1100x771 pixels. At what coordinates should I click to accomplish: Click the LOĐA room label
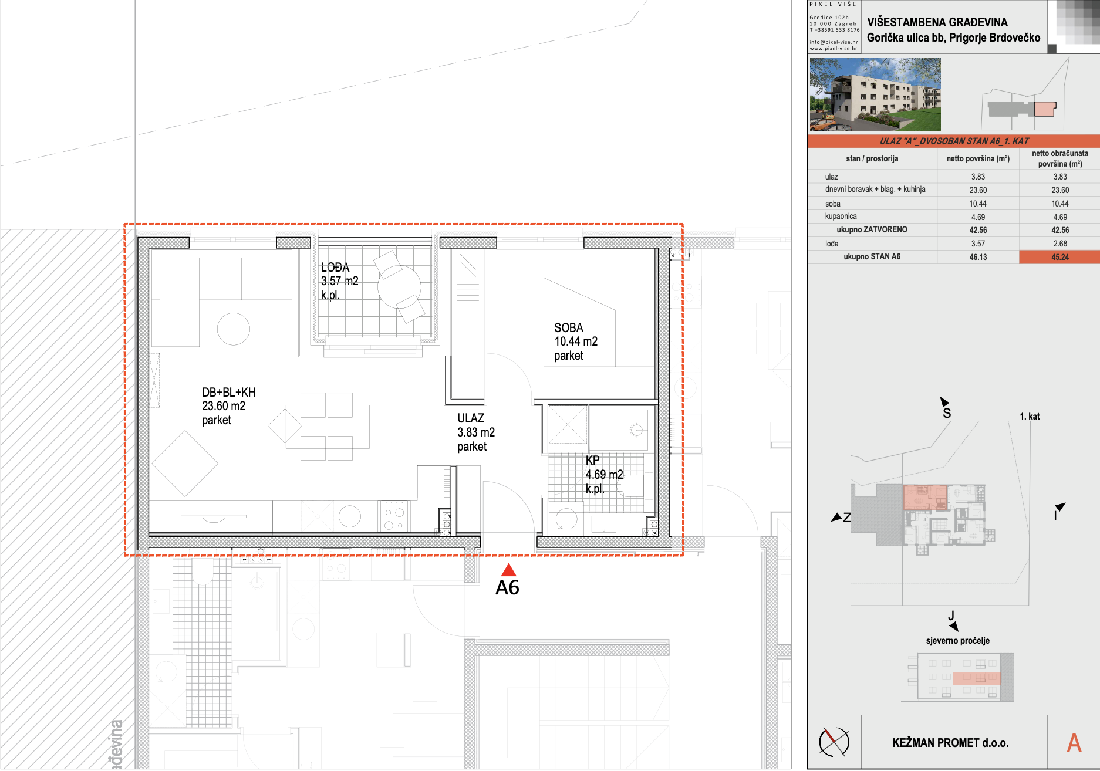tap(339, 281)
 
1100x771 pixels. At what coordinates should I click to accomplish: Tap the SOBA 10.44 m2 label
tap(576, 341)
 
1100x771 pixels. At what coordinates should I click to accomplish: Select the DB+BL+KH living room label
tap(229, 406)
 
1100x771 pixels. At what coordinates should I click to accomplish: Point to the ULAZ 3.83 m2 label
tap(476, 432)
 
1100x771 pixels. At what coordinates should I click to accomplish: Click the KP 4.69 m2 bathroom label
tap(604, 475)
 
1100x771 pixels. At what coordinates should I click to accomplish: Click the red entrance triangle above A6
tap(508, 570)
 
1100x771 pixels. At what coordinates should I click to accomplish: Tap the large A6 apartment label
tap(508, 587)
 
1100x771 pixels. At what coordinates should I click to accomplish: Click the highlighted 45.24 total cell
tap(1060, 257)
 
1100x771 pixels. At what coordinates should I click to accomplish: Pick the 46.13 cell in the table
tap(978, 257)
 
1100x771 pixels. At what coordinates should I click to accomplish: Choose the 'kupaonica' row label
tap(841, 217)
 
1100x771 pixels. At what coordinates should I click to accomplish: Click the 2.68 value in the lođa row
tap(1060, 244)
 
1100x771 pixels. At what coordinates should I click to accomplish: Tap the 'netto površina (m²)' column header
tap(978, 158)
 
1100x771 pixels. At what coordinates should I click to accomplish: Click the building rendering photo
tap(875, 94)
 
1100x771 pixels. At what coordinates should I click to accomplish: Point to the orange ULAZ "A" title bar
tap(954, 141)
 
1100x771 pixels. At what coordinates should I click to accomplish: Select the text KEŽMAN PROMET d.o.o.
tap(950, 743)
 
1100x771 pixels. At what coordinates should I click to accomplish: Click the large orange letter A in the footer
tap(1074, 743)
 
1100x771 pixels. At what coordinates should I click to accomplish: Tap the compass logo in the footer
tap(834, 742)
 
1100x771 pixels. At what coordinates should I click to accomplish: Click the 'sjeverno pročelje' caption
tap(957, 641)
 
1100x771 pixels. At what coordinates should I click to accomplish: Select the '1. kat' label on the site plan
tap(1030, 417)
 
